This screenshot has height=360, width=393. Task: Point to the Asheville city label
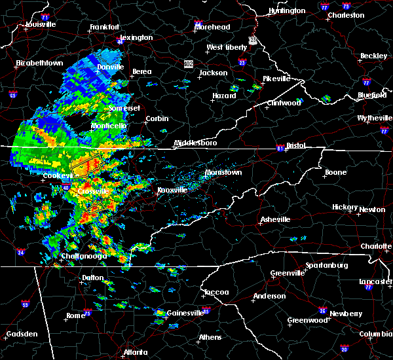pyautogui.click(x=273, y=219)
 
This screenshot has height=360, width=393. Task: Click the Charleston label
pyautogui.click(x=346, y=15)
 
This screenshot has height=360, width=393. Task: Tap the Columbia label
pyautogui.click(x=376, y=334)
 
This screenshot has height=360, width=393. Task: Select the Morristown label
pyautogui.click(x=223, y=172)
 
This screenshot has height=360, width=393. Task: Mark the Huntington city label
pyautogui.click(x=287, y=11)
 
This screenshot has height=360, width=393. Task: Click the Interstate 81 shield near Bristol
pyautogui.click(x=279, y=147)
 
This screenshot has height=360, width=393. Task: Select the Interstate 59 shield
pyautogui.click(x=25, y=304)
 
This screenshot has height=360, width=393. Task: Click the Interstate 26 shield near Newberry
pyautogui.click(x=322, y=310)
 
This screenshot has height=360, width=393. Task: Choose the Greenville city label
pyautogui.click(x=288, y=273)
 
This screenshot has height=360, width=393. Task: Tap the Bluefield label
pyautogui.click(x=371, y=95)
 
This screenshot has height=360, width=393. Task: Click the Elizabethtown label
pyautogui.click(x=39, y=63)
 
